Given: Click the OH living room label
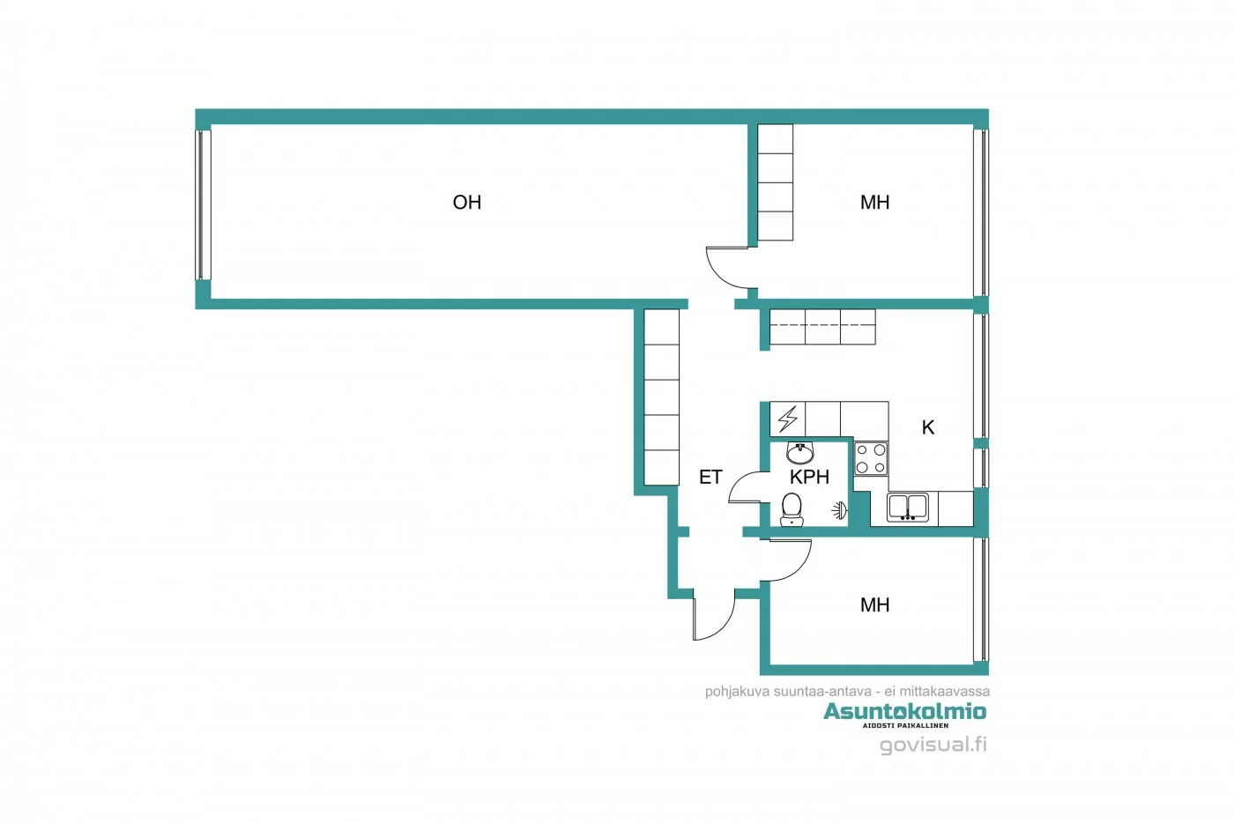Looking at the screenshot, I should point(466,203).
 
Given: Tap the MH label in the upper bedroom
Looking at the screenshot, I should point(874,203).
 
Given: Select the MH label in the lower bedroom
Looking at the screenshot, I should point(874,605).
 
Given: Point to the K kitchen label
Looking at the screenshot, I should point(927,427).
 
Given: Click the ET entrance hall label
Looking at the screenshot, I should point(710,478).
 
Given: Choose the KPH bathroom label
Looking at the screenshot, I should point(809,478).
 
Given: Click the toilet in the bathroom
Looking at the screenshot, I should point(792,508).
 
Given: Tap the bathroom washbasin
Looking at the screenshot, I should point(799,453).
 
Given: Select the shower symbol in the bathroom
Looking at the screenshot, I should point(840,509).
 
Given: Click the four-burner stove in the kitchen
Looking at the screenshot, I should point(871,458).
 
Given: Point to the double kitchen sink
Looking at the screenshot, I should point(907,508).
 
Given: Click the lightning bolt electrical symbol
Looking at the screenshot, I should point(787,418).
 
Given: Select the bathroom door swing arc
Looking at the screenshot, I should point(746,487).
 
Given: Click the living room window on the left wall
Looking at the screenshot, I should point(204,204).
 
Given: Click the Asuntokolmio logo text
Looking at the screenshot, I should point(904,711).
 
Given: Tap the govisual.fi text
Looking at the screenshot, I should point(933,745).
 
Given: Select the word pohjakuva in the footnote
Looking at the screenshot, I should point(737,692).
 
